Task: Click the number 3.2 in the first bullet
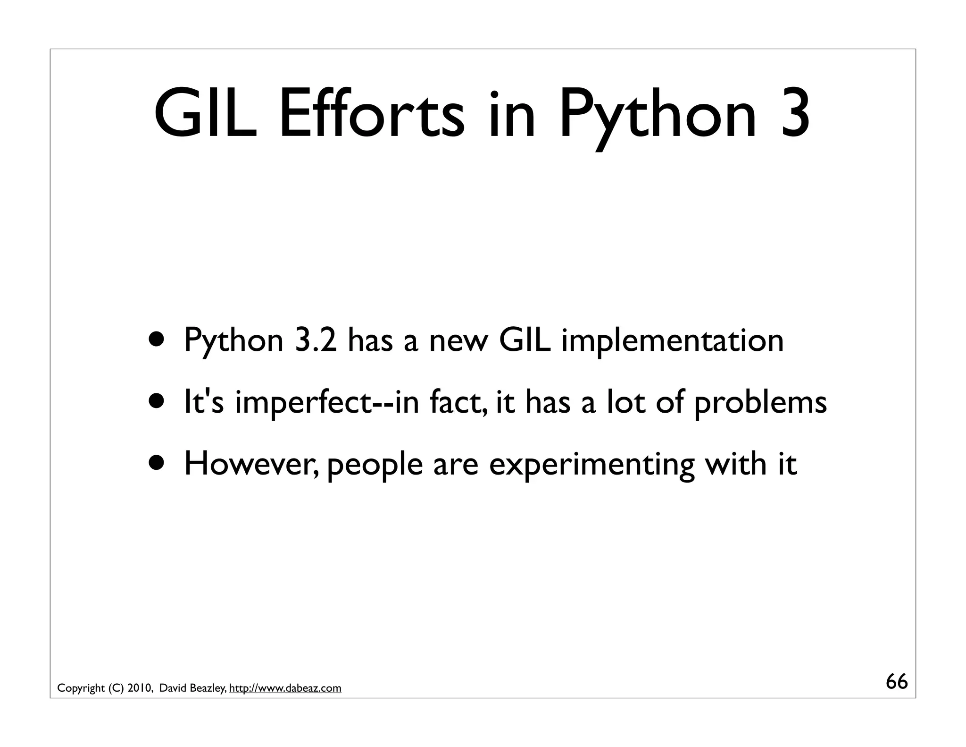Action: [316, 340]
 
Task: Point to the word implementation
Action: [672, 340]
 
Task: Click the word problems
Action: [760, 402]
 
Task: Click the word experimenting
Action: [591, 464]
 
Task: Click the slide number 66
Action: [897, 682]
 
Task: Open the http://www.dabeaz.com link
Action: [285, 688]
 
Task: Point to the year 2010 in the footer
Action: [139, 688]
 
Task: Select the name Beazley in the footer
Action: [208, 688]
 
